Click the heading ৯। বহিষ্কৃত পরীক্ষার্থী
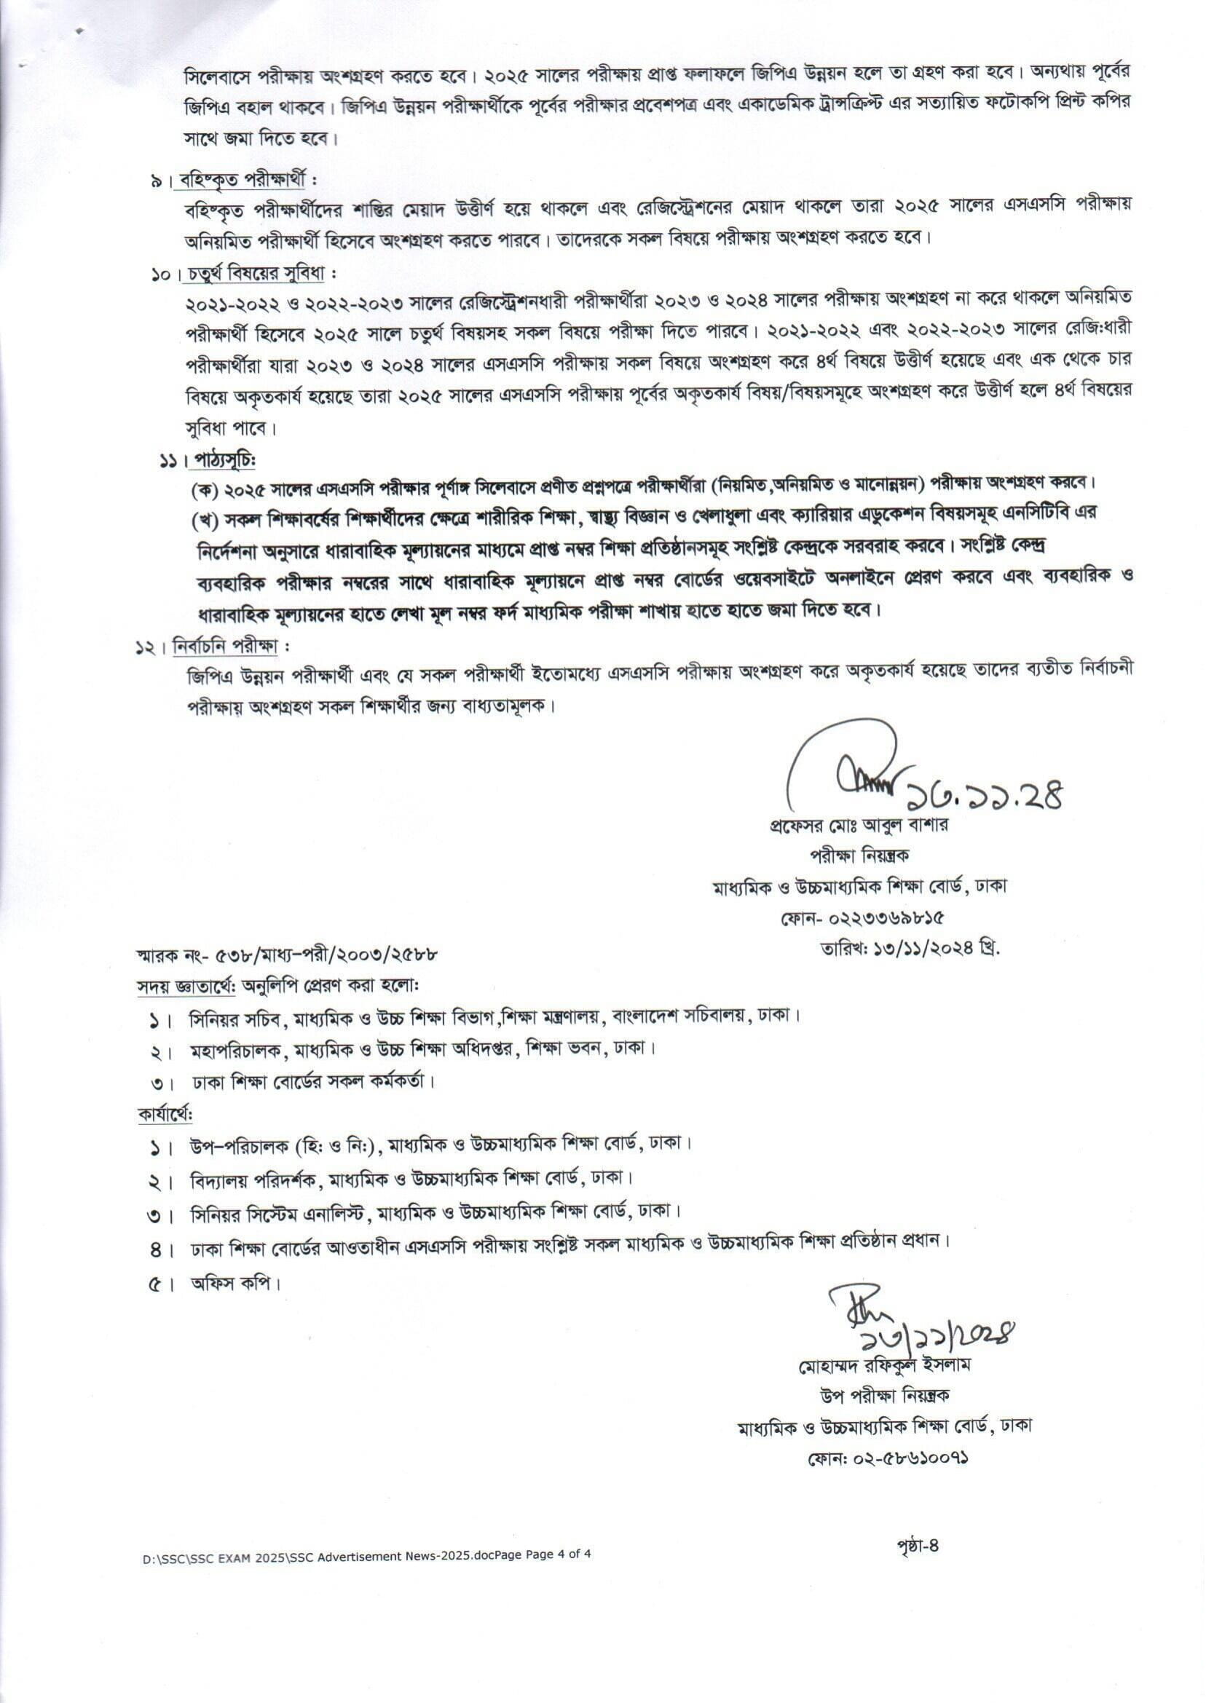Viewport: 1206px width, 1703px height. (234, 181)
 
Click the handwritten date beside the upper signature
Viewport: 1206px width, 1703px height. (985, 795)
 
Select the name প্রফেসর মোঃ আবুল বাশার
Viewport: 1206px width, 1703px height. (859, 825)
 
